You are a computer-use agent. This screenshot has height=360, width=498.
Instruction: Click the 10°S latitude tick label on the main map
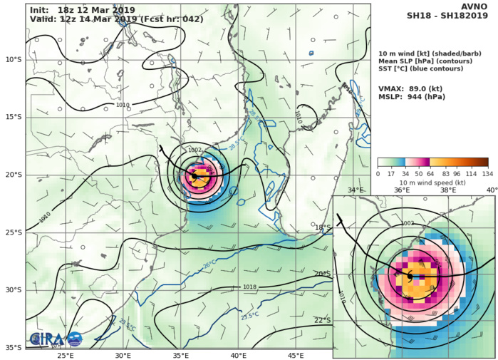point(14,59)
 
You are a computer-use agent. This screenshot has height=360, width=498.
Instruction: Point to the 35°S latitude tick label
point(14,348)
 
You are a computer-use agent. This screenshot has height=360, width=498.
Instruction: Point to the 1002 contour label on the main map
point(194,150)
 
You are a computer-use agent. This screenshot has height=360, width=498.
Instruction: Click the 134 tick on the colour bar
point(488,172)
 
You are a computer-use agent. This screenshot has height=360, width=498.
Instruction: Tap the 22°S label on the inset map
point(323,319)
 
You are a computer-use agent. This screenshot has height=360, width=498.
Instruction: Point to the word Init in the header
point(39,9)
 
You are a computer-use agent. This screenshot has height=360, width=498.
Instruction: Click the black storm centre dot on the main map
point(194,175)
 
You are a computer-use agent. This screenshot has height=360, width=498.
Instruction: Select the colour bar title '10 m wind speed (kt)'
point(432,182)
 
